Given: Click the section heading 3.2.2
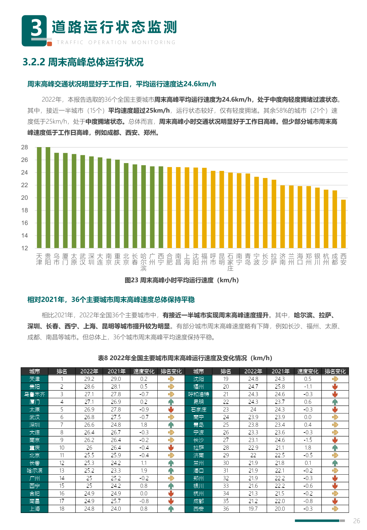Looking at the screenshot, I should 83,62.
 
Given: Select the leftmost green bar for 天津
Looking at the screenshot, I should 39,197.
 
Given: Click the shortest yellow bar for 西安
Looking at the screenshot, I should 344,224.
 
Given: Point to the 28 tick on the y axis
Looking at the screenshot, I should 24,147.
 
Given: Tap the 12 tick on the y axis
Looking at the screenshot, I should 24,248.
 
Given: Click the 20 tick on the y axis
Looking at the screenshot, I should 24,198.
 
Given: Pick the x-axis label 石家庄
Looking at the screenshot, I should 230,262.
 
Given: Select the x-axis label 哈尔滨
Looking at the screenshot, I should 143,262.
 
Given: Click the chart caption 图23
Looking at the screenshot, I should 182,280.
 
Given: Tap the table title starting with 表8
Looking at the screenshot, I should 185,358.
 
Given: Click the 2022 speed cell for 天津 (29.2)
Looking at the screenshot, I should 89,379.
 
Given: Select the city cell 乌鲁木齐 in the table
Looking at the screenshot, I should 35,394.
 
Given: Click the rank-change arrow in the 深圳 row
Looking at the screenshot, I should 171,425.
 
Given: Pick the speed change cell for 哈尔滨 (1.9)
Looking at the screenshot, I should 144,471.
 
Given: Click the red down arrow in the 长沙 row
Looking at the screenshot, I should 335,440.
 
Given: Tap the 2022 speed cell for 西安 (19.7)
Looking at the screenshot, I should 253,509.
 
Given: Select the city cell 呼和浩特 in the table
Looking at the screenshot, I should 199,394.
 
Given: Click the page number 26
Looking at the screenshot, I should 356,521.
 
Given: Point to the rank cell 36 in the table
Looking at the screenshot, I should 226,509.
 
